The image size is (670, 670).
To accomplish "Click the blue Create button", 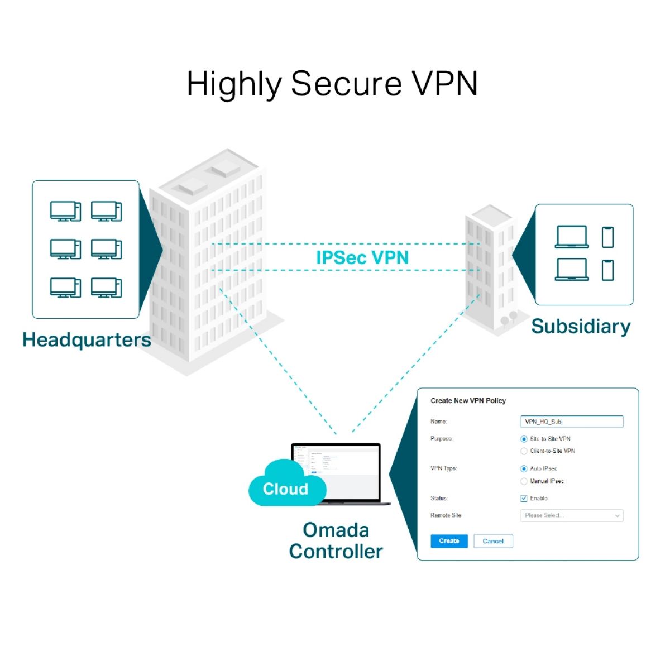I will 449,541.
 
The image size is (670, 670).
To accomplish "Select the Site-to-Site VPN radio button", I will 524,439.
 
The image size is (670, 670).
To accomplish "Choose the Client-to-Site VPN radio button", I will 524,451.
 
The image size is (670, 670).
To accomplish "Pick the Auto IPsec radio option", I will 524,469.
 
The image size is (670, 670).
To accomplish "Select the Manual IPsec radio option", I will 524,481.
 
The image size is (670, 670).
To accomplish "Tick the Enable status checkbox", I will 524,499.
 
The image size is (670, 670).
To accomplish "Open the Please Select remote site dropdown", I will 572,516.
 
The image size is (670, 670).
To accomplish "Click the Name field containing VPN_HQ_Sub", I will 572,422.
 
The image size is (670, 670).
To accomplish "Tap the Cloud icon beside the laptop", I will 286,485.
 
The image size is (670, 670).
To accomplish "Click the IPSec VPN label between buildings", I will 362,257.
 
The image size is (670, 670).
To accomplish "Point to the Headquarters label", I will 87,339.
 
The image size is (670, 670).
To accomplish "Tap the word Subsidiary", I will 581,326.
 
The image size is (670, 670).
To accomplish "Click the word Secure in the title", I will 346,84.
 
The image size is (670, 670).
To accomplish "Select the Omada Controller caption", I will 336,540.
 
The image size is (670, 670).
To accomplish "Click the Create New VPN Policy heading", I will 468,401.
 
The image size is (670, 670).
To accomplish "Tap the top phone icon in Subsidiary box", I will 608,237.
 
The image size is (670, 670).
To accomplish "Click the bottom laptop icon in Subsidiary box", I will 572,269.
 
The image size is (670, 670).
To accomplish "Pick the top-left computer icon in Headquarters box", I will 65,212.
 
